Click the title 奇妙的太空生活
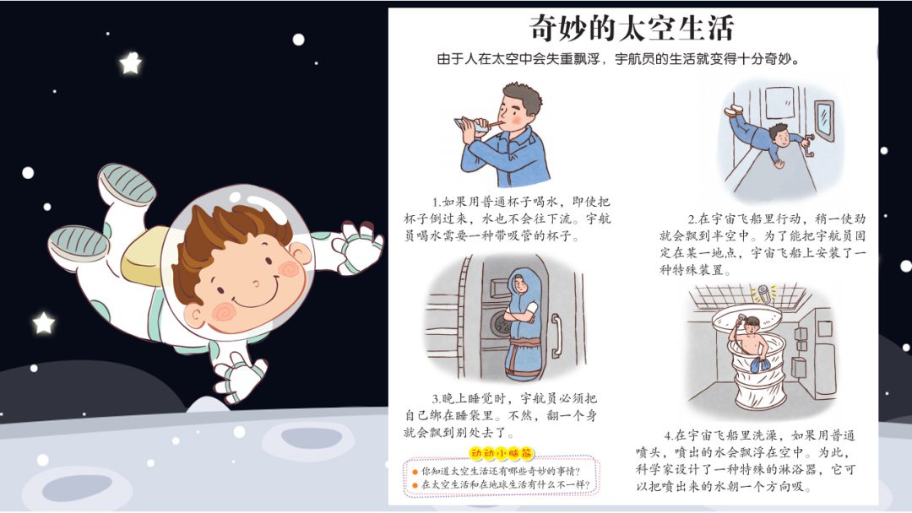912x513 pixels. click(x=632, y=29)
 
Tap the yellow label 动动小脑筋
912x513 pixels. click(x=508, y=454)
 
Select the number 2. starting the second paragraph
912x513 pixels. click(x=692, y=219)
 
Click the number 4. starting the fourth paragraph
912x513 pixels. click(x=669, y=435)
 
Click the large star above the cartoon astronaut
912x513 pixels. click(x=130, y=63)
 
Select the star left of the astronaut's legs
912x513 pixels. click(x=43, y=322)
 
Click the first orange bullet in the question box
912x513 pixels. click(x=415, y=471)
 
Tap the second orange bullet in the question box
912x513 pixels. click(x=415, y=485)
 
